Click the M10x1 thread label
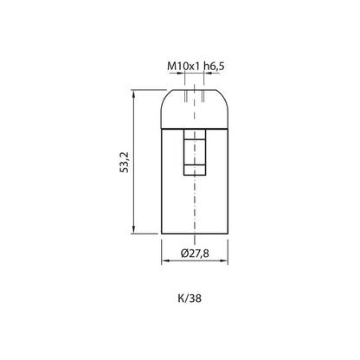pyautogui.click(x=183, y=67)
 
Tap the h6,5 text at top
pyautogui.click(x=214, y=67)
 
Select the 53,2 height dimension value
pyautogui.click(x=125, y=162)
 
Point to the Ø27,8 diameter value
pyautogui.click(x=195, y=254)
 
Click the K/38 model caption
pyautogui.click(x=190, y=299)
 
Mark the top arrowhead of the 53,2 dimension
pyautogui.click(x=133, y=93)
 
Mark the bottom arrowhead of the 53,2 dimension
pyautogui.click(x=133, y=230)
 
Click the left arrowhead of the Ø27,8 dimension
pyautogui.click(x=165, y=260)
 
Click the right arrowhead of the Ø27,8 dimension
pyautogui.click(x=224, y=260)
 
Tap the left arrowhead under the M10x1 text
pyautogui.click(x=181, y=74)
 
